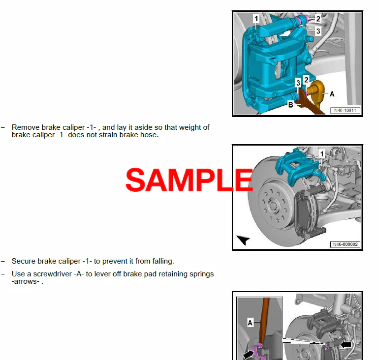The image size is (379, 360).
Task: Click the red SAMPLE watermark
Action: click(189, 180)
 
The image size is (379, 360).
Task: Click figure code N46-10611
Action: click(345, 111)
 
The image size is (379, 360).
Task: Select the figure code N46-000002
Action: click(345, 244)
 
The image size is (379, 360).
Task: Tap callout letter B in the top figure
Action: click(291, 105)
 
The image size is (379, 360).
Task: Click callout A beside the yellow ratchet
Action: click(332, 94)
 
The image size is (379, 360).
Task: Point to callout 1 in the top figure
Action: click(256, 19)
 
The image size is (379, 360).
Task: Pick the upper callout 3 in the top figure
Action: click(318, 31)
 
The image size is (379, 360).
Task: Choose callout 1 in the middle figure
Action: click(322, 154)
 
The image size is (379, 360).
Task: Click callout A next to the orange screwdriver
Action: click(250, 323)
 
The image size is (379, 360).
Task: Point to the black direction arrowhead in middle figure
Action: click(243, 240)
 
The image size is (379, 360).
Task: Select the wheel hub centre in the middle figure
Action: click(274, 205)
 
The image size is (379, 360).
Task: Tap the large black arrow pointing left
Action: click(346, 345)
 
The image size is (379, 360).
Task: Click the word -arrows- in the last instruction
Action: click(26, 281)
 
